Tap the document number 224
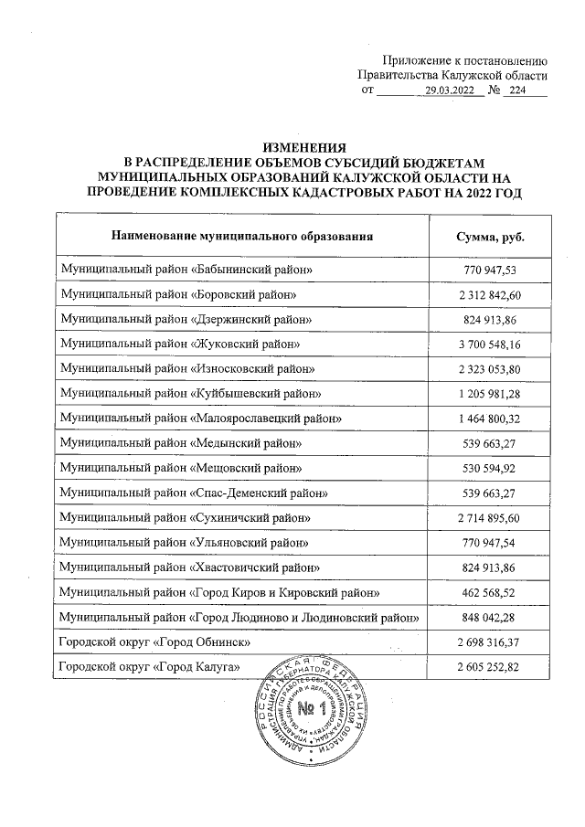[518, 91]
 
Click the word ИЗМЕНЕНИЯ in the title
[305, 146]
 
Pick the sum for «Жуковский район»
[490, 345]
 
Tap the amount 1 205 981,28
[490, 394]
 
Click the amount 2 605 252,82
[490, 668]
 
